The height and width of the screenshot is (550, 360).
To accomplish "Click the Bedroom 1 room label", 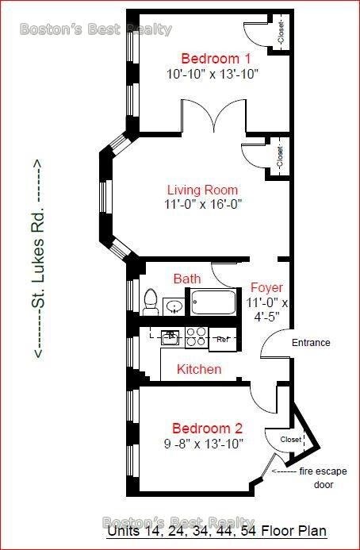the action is [216, 58].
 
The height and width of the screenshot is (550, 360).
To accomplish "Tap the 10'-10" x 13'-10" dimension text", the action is [213, 74].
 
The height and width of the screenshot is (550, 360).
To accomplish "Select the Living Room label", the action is [203, 190].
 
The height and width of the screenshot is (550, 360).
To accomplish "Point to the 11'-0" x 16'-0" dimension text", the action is [203, 204].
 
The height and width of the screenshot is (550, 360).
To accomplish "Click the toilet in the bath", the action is [151, 302].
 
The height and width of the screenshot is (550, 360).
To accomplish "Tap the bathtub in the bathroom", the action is [213, 302].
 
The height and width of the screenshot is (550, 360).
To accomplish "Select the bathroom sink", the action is [174, 307].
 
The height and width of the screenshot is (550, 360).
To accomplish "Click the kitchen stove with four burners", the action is [197, 337].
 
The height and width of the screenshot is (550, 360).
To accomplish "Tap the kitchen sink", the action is [170, 337].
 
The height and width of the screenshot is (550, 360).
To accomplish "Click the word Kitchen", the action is [199, 369].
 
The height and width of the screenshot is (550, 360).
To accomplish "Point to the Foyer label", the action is [266, 287].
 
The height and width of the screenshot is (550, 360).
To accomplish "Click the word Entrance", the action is [311, 342].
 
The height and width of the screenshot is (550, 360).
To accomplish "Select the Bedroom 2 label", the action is [207, 429].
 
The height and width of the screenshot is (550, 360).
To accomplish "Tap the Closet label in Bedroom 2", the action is [290, 440].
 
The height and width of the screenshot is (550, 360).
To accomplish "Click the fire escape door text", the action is [324, 478].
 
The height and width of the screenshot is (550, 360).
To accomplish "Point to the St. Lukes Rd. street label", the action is [37, 259].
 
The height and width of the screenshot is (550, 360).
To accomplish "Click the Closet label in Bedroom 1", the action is [281, 33].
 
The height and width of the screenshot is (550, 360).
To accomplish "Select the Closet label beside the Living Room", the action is [279, 157].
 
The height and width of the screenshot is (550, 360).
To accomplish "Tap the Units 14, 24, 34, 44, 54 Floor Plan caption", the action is [217, 530].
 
